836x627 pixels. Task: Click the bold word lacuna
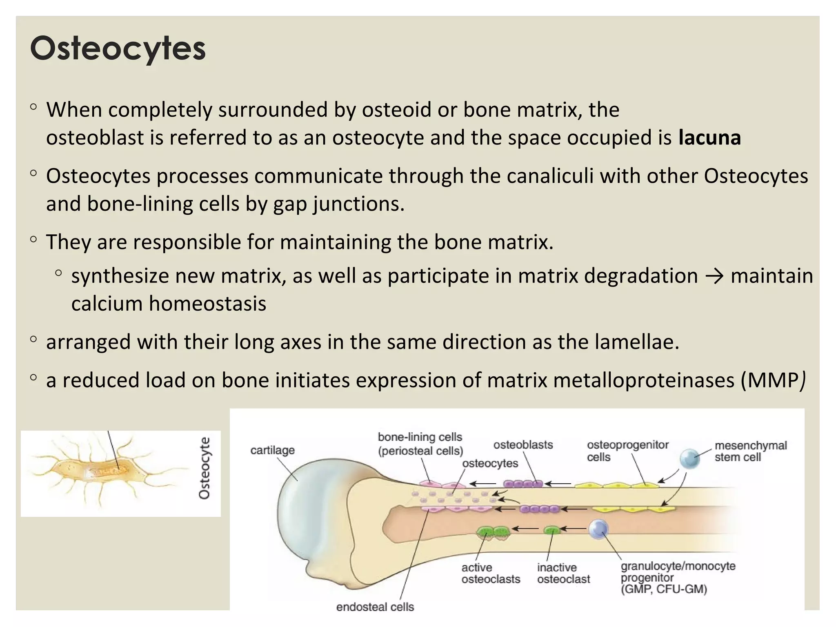709,138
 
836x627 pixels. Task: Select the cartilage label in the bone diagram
272,450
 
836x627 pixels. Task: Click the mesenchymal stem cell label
750,451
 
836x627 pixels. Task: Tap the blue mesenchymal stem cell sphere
689,458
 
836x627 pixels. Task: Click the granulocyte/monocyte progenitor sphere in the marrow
598,529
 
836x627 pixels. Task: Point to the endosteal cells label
375,607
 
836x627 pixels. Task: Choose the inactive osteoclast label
563,573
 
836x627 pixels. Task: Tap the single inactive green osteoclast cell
552,530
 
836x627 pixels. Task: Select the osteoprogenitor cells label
627,451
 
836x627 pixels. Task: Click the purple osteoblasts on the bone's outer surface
523,484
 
